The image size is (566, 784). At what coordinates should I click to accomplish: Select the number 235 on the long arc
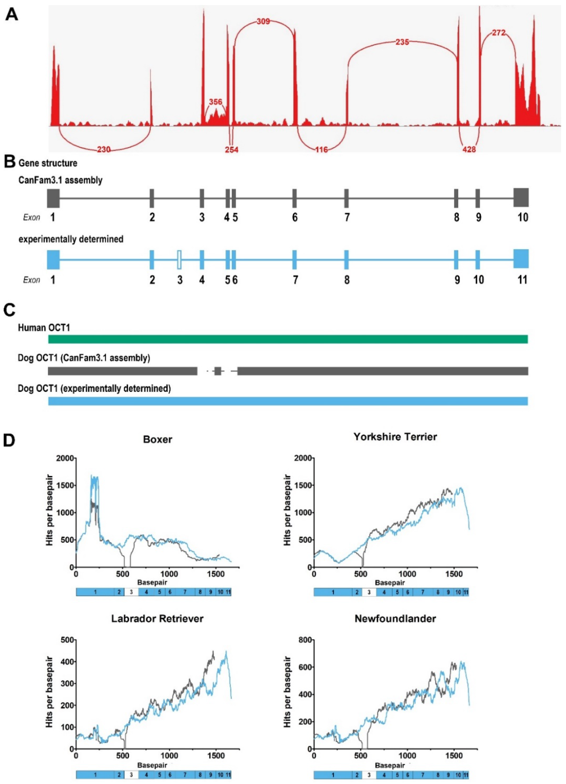(x=402, y=42)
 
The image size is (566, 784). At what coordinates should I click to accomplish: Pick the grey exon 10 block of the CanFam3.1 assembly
(x=521, y=198)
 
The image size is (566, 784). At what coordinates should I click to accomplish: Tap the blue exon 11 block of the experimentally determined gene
(x=521, y=258)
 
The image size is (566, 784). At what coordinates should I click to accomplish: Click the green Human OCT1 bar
(x=288, y=339)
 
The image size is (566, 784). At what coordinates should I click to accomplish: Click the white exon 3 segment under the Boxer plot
(x=131, y=592)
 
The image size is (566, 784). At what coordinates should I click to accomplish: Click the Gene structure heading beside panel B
(x=48, y=163)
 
